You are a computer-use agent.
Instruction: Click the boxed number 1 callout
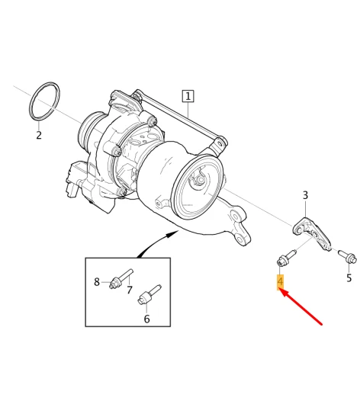click(x=188, y=96)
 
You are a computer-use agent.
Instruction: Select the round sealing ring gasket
click(x=47, y=100)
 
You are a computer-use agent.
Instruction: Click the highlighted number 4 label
click(x=281, y=283)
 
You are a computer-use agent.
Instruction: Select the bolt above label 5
click(x=342, y=256)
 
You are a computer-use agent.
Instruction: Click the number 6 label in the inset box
click(x=146, y=319)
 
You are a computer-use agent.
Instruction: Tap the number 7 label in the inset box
click(x=129, y=290)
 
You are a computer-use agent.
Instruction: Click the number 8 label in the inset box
click(x=97, y=281)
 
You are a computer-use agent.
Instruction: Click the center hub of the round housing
click(x=196, y=180)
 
